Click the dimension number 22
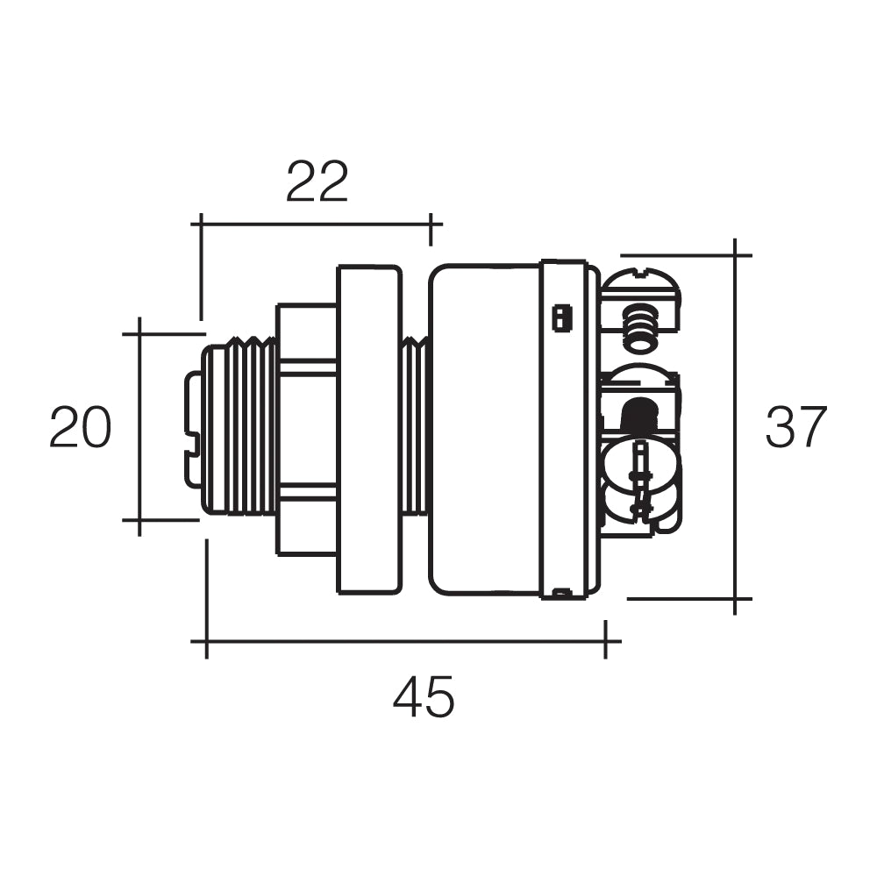(317, 182)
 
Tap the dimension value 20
(80, 427)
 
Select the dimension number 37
(796, 427)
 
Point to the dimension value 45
(424, 697)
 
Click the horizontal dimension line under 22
(316, 224)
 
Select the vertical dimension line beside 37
(735, 427)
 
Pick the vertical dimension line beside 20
(139, 427)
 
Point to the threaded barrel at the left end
(239, 428)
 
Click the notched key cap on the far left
(193, 428)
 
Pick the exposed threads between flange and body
(415, 427)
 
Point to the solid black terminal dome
(641, 410)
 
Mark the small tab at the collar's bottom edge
(562, 594)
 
